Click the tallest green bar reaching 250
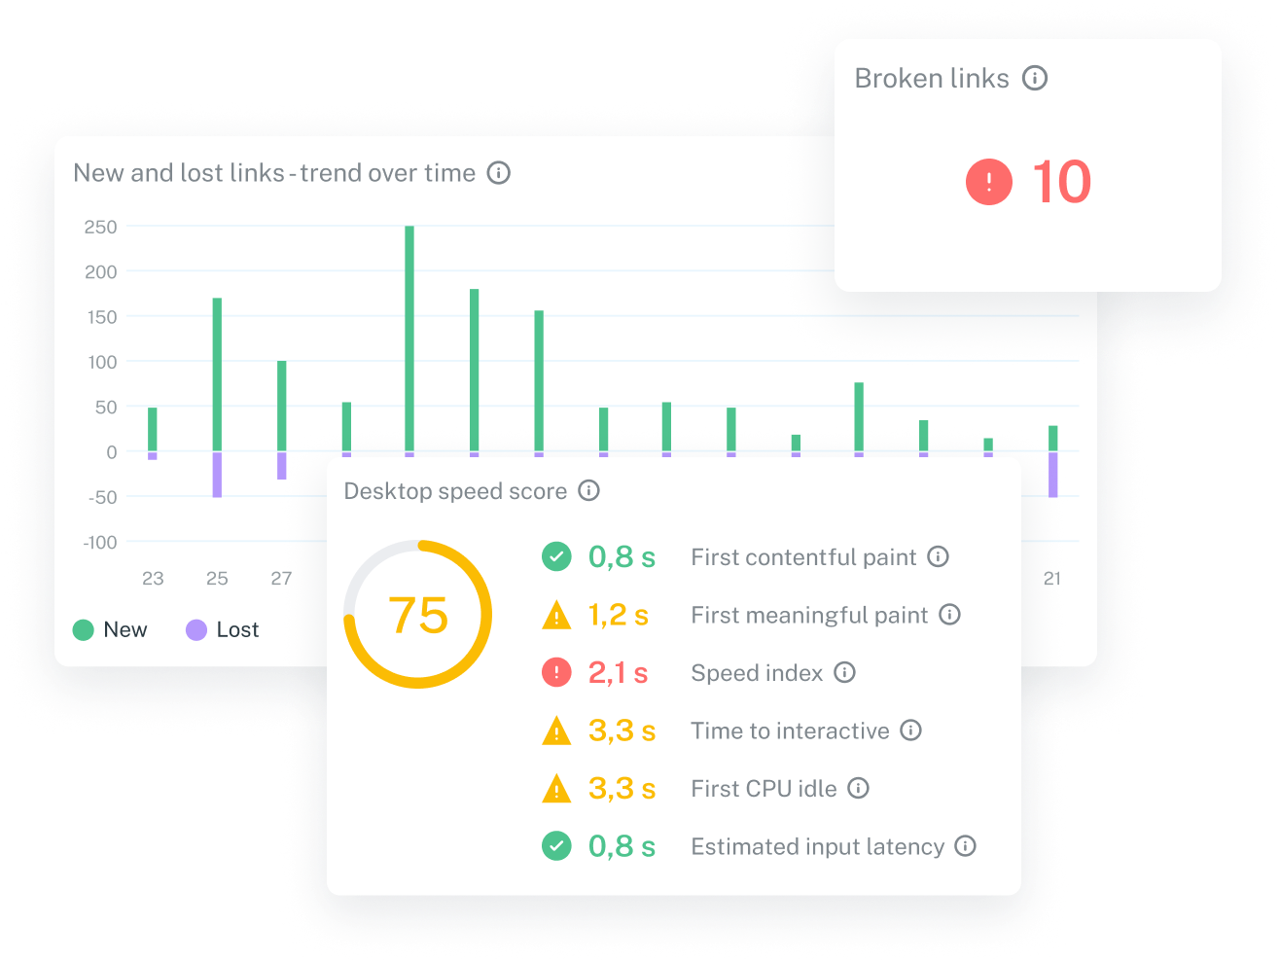coord(409,338)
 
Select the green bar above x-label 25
coord(217,374)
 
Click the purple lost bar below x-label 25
coord(217,475)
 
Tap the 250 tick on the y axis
coord(101,227)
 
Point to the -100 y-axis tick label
coord(100,542)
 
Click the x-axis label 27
coord(281,578)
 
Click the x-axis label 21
coord(1051,578)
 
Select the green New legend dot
coord(84,629)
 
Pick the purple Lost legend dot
coord(196,629)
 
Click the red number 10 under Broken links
coord(1061,182)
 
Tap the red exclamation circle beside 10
coord(988,182)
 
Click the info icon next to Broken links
coord(1035,78)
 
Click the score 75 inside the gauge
coord(418,615)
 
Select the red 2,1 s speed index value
coord(618,672)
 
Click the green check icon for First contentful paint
coord(556,556)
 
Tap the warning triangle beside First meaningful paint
coord(556,615)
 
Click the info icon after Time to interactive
coord(910,730)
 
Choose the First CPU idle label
coord(764,788)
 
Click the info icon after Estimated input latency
coord(965,846)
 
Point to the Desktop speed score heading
coord(455,491)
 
